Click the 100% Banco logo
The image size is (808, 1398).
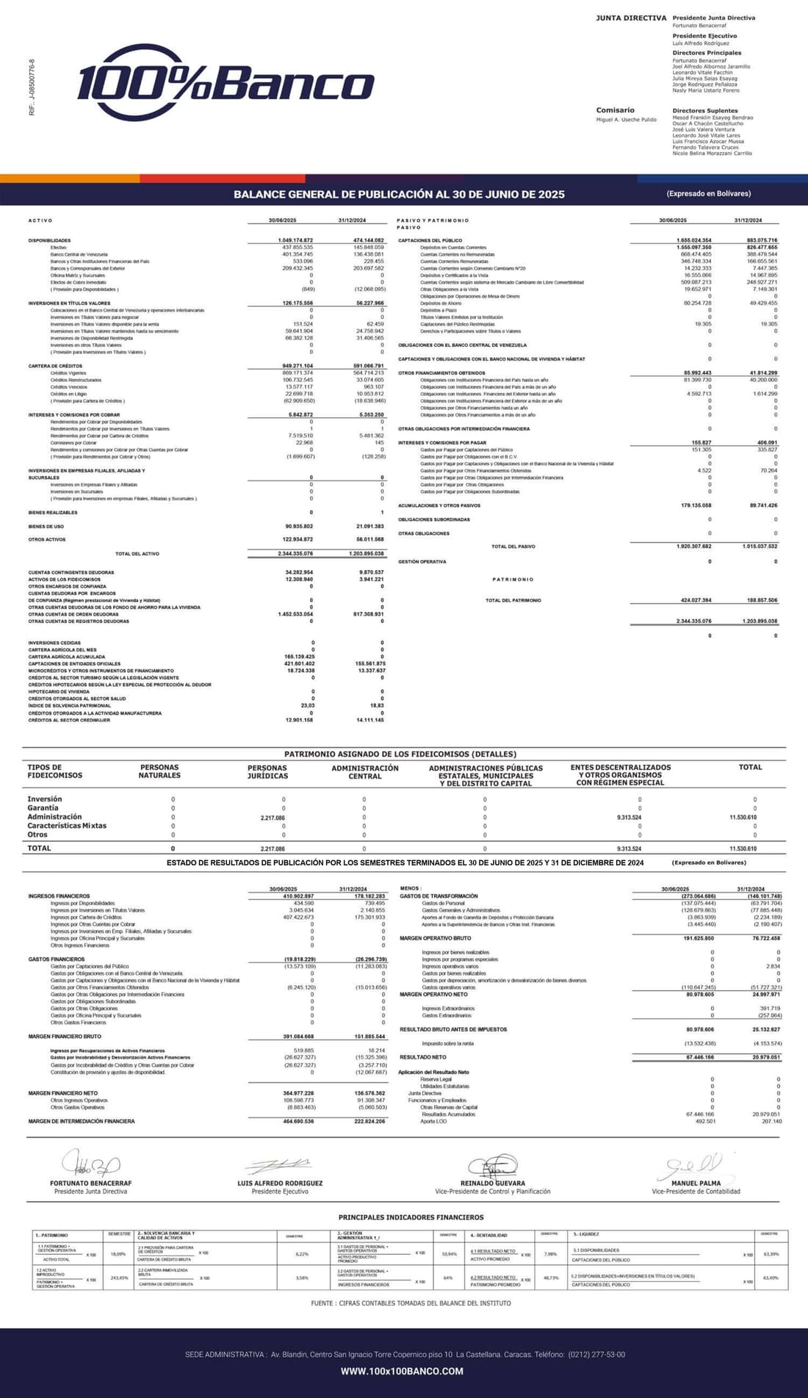coord(225,82)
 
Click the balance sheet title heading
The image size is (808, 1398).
coord(399,195)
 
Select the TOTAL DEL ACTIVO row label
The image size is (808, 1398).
coord(137,554)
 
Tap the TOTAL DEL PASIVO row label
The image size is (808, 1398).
coord(513,547)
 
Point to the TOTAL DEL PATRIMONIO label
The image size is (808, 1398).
coord(513,600)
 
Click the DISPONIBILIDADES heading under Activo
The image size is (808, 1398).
coord(49,240)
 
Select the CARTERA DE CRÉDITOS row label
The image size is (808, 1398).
coord(55,366)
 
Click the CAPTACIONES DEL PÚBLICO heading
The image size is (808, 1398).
coord(430,240)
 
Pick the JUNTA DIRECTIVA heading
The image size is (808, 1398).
coord(631,18)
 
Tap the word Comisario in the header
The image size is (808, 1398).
coord(615,110)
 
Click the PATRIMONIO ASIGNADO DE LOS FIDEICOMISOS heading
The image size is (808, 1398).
coord(400,754)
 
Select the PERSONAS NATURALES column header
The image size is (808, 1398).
coord(159,771)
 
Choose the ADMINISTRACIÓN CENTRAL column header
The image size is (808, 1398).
coord(365,772)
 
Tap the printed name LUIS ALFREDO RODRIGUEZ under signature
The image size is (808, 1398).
coord(280,1183)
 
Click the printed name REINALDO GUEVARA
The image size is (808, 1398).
coord(492,1183)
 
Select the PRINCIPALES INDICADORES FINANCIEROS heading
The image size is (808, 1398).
coord(411,1217)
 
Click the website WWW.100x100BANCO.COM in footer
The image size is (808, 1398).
coord(402,1371)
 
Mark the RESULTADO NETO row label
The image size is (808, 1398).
coord(422,1057)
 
